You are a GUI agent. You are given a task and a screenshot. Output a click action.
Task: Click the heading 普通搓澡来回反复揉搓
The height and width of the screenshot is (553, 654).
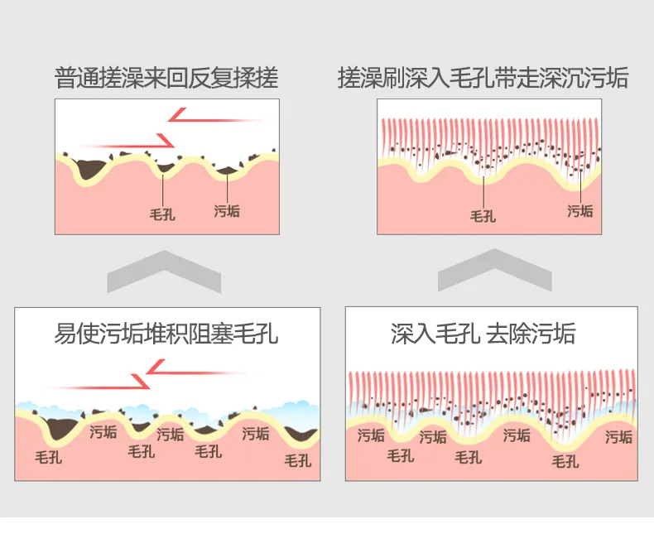tap(166, 79)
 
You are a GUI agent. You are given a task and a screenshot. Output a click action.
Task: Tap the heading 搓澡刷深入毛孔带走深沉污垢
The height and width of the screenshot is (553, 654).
tap(483, 79)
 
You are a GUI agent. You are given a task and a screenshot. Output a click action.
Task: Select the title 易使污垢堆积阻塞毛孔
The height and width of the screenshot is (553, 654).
tap(166, 334)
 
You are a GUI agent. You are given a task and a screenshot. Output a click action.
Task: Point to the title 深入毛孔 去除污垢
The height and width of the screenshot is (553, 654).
tap(483, 334)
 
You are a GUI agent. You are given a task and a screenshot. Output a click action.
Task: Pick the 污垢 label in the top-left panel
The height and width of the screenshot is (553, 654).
tap(227, 210)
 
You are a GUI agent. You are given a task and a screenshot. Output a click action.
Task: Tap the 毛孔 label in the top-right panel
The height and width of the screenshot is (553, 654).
tap(483, 216)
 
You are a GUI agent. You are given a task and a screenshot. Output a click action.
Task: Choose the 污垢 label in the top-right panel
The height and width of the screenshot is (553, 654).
tap(579, 210)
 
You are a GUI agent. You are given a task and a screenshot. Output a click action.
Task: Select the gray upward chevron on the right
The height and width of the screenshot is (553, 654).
tap(495, 270)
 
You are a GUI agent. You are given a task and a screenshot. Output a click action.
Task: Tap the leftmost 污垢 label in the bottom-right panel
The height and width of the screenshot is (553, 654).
tap(371, 435)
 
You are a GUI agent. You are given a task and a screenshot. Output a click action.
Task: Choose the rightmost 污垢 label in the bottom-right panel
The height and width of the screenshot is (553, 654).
tap(619, 436)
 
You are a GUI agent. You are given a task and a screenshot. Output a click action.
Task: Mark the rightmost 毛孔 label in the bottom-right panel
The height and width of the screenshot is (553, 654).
tap(566, 461)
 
